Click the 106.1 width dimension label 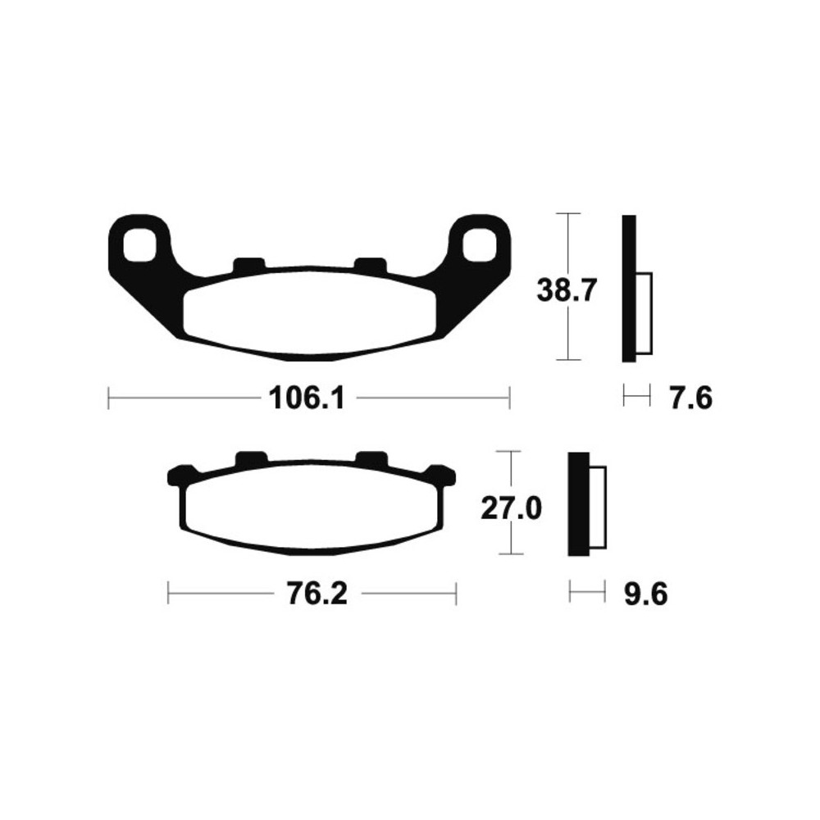coord(307,399)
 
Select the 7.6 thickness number coord(690,399)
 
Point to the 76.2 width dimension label coord(317,594)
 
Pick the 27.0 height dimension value coord(511,509)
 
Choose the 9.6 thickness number coord(645,594)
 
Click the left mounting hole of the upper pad coord(139,244)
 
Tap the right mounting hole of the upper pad coord(479,244)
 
